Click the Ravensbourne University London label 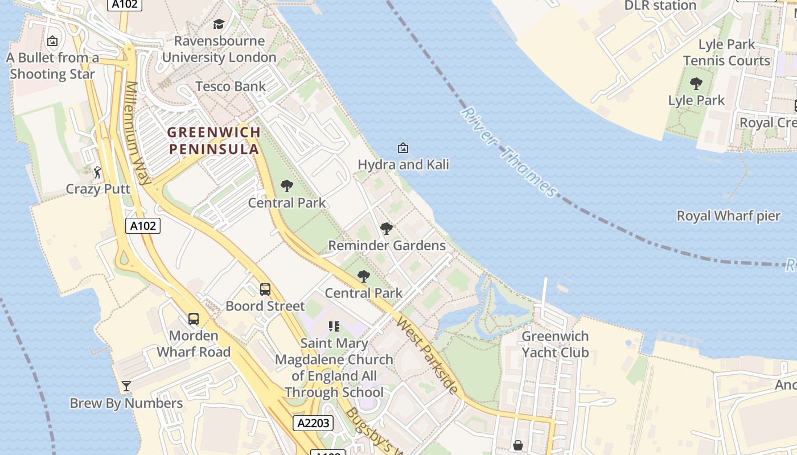tap(219, 49)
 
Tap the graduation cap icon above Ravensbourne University tap(219, 24)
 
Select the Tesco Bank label tap(231, 86)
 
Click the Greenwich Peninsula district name tap(214, 140)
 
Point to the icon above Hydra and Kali tap(402, 148)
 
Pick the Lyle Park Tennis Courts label tap(726, 52)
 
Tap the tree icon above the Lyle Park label tap(696, 84)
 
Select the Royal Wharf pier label tap(728, 216)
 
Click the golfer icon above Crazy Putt tap(98, 171)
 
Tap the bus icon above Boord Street tap(265, 289)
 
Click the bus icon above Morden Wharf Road tap(194, 318)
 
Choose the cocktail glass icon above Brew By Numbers tap(126, 386)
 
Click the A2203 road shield tap(313, 423)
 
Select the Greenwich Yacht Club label tap(555, 344)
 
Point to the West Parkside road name tap(427, 355)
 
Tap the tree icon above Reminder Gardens tap(387, 229)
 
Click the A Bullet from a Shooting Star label tap(52, 65)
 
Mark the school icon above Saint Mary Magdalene tap(334, 326)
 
